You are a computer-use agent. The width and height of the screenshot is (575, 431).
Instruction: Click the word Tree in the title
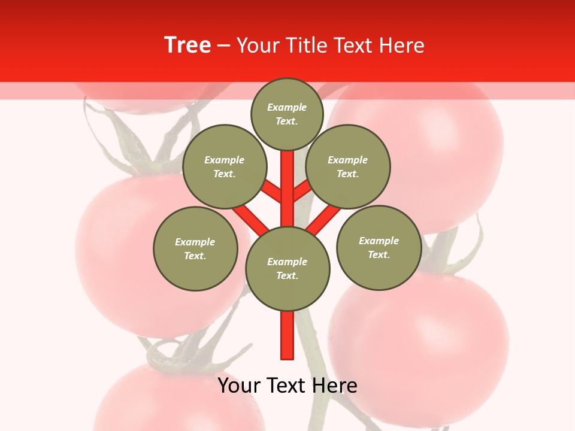[x=187, y=45]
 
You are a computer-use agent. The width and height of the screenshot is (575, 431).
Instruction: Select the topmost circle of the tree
[x=287, y=114]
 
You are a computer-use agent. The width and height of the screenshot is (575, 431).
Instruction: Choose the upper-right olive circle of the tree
[x=348, y=166]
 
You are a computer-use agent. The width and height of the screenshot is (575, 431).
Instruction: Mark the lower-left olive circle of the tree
[x=195, y=248]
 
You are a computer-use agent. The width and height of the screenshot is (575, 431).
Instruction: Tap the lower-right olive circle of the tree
[x=379, y=247]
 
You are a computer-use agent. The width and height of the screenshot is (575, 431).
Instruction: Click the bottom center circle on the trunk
[x=287, y=269]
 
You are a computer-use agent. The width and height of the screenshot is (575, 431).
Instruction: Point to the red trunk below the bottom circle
[x=287, y=335]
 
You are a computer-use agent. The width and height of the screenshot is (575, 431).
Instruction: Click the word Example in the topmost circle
[x=287, y=108]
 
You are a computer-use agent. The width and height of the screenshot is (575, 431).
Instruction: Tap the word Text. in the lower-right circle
[x=379, y=254]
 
